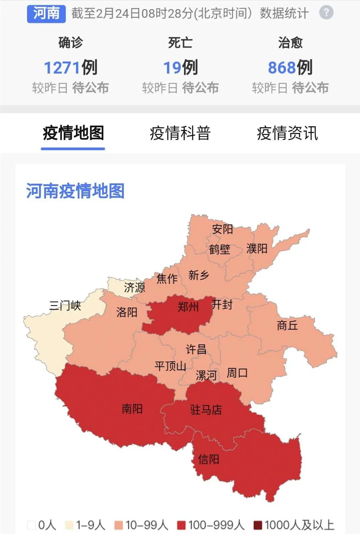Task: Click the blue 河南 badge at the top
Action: click(x=46, y=13)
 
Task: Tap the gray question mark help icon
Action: click(x=326, y=13)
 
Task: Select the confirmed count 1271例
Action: click(x=70, y=67)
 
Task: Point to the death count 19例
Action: click(x=180, y=67)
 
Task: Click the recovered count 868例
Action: click(x=290, y=67)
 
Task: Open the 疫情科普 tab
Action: click(x=180, y=133)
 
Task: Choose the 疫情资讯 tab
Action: click(x=287, y=133)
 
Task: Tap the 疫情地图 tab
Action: click(x=73, y=133)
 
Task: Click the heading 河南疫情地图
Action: click(x=75, y=191)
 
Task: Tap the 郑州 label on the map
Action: click(x=188, y=306)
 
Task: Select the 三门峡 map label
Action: click(x=65, y=305)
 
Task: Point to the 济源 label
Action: click(x=135, y=287)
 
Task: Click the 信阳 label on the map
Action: click(x=208, y=459)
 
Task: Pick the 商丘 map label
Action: click(x=287, y=325)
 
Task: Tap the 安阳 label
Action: click(x=222, y=229)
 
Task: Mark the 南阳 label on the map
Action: click(x=132, y=409)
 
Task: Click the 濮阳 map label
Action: click(x=257, y=248)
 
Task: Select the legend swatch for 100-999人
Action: click(x=181, y=525)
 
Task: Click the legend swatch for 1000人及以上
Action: click(x=257, y=525)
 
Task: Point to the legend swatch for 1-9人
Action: click(x=69, y=525)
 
